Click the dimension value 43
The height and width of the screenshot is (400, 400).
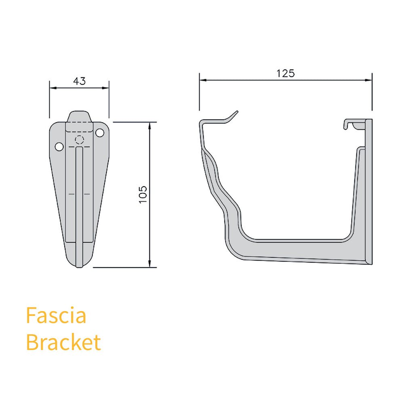(79, 81)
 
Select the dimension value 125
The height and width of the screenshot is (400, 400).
(285, 73)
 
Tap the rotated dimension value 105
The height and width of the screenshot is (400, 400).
(143, 194)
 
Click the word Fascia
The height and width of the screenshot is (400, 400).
(56, 315)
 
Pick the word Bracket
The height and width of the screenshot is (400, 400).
(63, 343)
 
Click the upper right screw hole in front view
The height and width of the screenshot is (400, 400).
(99, 132)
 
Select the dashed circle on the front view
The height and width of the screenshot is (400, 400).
(79, 140)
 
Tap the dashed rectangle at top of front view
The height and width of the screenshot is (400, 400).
(79, 126)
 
